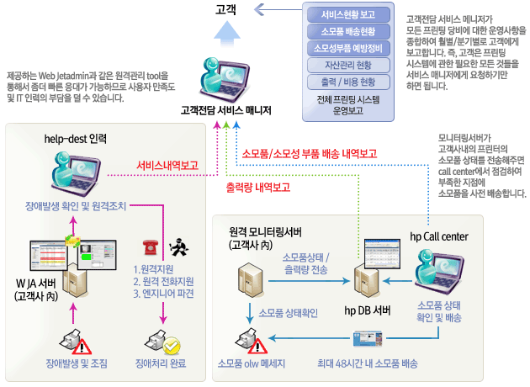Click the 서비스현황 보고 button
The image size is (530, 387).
[x=349, y=14]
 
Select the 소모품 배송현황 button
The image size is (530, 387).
[x=349, y=31]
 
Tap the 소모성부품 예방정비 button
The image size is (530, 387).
[x=349, y=48]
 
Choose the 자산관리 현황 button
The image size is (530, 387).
[x=349, y=65]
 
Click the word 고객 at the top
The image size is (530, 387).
[x=226, y=10]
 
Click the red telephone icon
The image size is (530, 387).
[x=151, y=247]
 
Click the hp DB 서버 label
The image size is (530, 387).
[x=367, y=310]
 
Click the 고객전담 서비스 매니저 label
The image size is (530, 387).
[x=226, y=109]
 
